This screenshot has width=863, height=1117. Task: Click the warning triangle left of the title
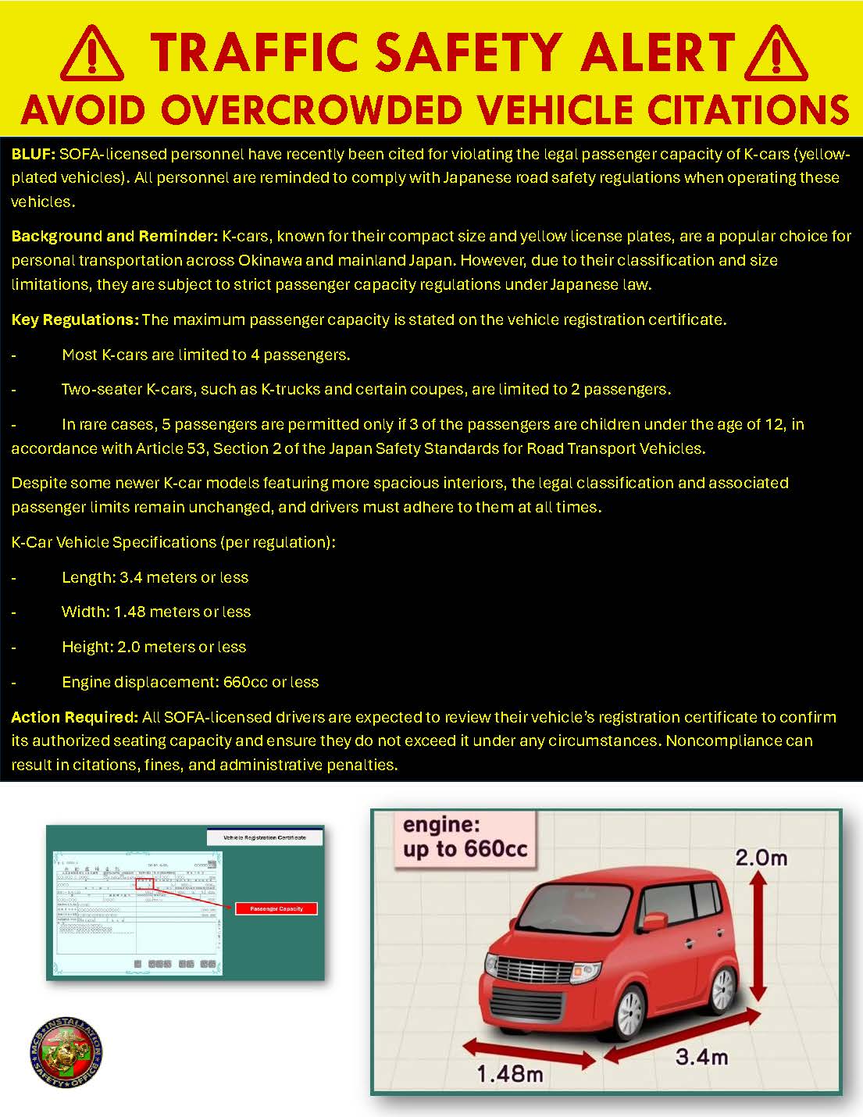coord(91,55)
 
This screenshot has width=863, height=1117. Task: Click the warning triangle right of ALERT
coord(776,55)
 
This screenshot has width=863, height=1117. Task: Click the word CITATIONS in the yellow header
coord(749,109)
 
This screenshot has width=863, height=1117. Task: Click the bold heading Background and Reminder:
coord(114,236)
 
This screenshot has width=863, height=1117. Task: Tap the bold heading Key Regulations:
coord(74,319)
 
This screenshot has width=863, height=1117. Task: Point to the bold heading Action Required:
coord(74,717)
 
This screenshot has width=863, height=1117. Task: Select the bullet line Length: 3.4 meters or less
coord(155,577)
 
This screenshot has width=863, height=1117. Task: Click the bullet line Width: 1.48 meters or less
coord(156,612)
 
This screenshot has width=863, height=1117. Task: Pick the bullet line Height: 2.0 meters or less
coord(154,647)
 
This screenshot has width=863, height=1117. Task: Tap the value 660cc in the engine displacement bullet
coord(245,682)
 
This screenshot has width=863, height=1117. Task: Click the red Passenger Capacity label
coord(276,908)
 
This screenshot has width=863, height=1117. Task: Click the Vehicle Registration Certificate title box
coord(265,837)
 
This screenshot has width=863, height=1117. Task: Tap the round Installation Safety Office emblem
coord(66,1052)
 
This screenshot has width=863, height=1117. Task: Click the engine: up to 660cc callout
coord(465,837)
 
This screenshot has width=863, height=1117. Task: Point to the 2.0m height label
coord(761,858)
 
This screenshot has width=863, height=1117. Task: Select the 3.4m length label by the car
coord(701,1057)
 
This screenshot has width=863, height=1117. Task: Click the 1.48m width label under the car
coord(509,1074)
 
